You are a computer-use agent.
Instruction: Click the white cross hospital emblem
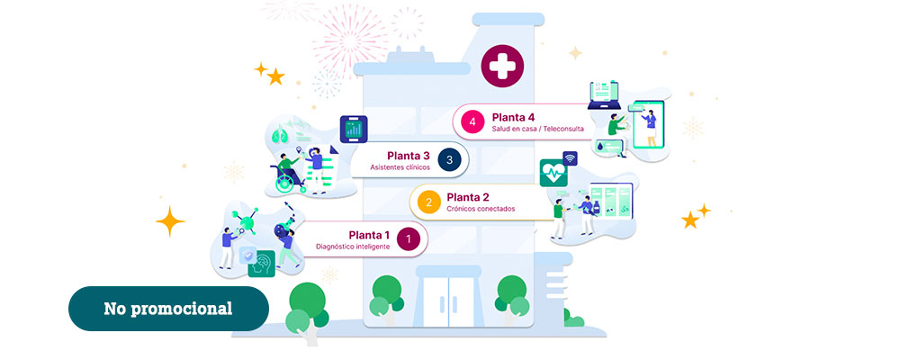point(502,66)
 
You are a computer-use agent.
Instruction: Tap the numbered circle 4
point(472,121)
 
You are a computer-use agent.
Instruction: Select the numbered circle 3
point(449,159)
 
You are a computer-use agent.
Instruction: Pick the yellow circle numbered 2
point(428,202)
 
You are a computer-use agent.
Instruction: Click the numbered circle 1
point(408,239)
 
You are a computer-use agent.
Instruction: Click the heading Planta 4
point(513,117)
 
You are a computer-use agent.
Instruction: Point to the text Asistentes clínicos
point(400,167)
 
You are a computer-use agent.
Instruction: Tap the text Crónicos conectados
point(481,209)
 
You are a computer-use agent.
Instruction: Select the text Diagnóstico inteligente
point(353,247)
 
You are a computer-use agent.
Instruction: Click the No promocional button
point(168,309)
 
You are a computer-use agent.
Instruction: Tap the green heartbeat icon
point(553,173)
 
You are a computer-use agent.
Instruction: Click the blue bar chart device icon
point(354,130)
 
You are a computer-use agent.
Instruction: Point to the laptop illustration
point(604,95)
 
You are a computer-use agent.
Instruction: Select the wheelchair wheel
point(284,184)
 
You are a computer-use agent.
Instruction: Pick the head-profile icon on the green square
point(261,264)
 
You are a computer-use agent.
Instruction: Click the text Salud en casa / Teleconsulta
point(538,129)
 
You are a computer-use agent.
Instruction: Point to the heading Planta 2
point(468,197)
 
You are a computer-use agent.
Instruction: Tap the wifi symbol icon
point(570,158)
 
